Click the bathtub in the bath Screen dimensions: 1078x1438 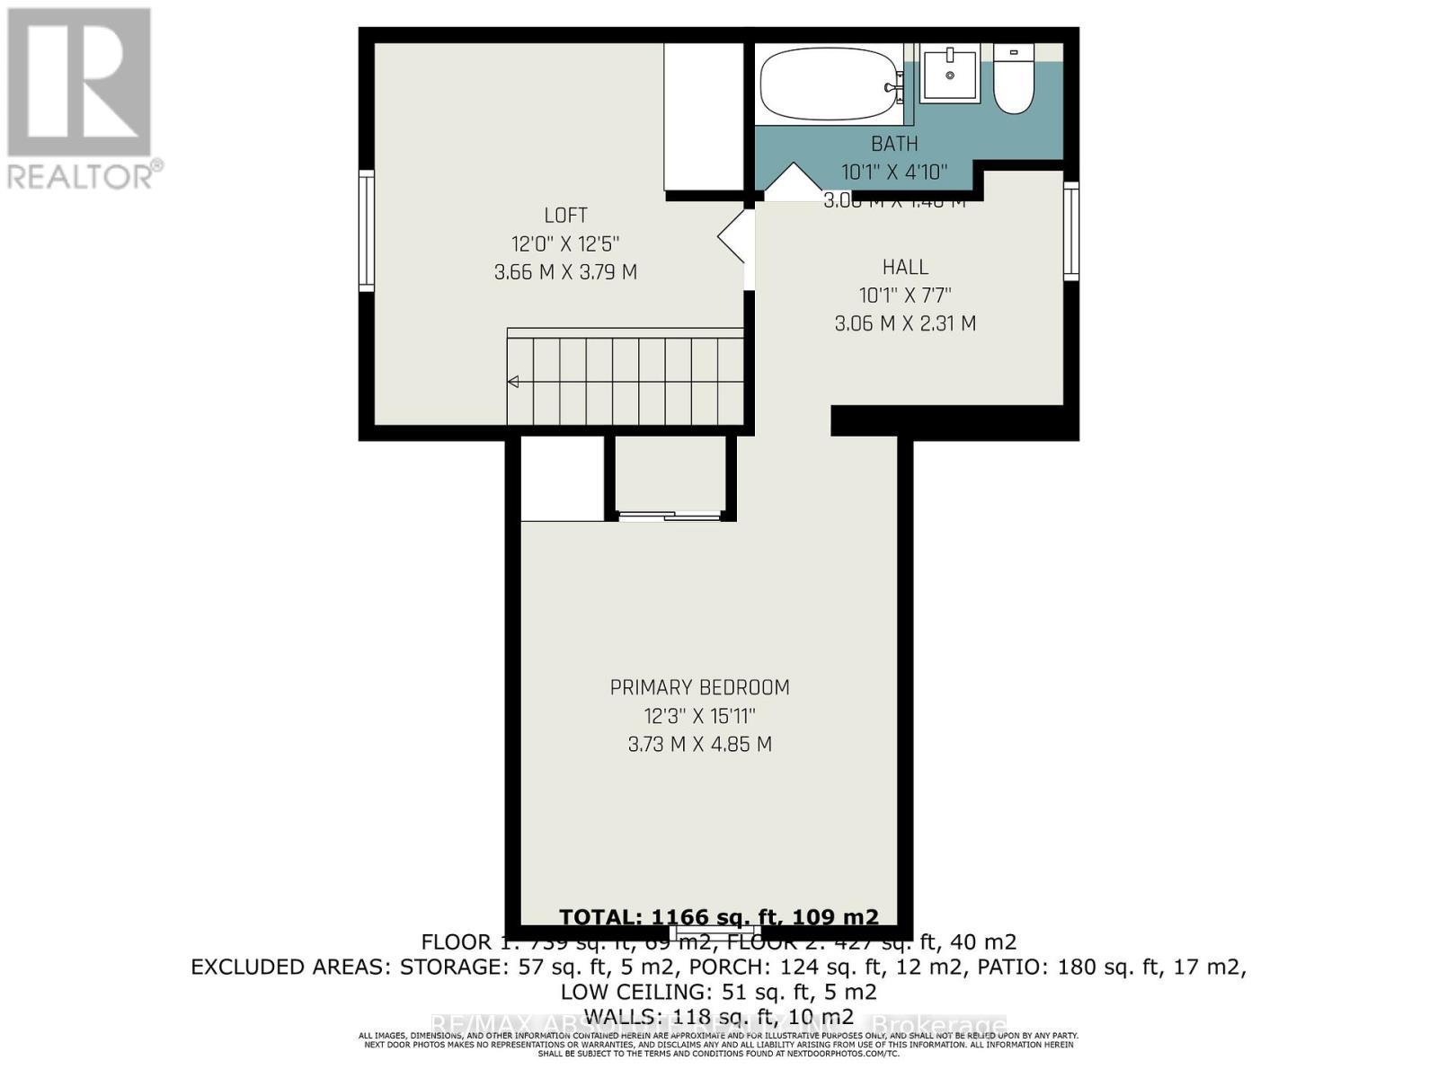pos(828,85)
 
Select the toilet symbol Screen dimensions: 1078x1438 pos(1014,81)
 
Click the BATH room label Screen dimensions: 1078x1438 pos(894,144)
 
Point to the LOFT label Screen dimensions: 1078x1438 pos(565,216)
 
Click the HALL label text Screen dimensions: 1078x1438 pos(905,267)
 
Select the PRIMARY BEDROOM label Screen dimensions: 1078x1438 pos(699,688)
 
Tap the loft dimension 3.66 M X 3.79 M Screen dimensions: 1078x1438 pos(565,272)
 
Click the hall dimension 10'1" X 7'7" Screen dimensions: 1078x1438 pos(905,295)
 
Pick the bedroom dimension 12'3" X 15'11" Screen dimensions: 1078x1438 pos(699,717)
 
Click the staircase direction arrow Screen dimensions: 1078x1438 pos(513,382)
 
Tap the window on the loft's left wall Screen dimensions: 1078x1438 pos(366,231)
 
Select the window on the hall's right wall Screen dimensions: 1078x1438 pos(1071,231)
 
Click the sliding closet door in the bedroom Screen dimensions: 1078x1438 pos(670,516)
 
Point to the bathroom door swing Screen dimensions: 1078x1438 pos(793,181)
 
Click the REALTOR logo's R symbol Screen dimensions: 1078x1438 pos(79,83)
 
